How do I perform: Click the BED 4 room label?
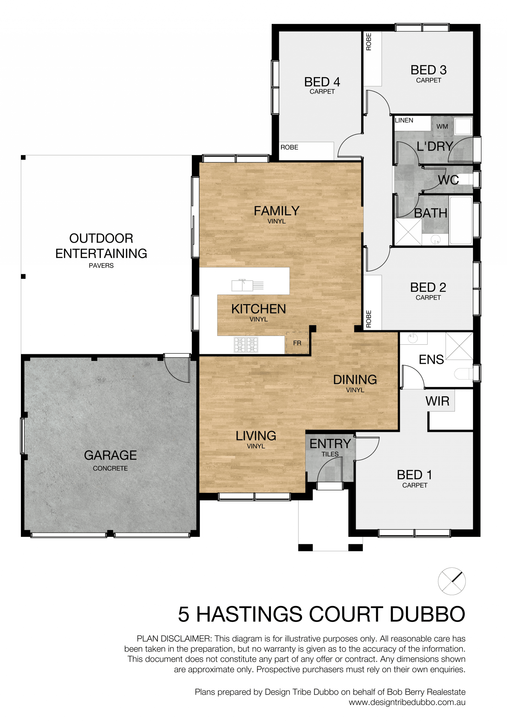click(x=322, y=82)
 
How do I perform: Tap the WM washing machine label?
click(x=442, y=127)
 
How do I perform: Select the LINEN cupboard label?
click(x=404, y=120)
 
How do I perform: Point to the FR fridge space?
click(x=297, y=343)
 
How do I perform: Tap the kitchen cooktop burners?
click(x=246, y=345)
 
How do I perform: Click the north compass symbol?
click(x=452, y=581)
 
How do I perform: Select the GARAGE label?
click(x=110, y=455)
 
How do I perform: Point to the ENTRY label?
click(x=330, y=444)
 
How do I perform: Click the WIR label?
click(x=437, y=401)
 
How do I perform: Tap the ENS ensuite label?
click(x=431, y=359)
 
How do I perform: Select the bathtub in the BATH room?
click(x=461, y=220)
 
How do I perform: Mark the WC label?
click(x=448, y=180)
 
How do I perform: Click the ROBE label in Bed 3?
click(x=369, y=42)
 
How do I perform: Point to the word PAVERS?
click(x=101, y=266)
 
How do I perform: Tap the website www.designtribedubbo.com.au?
click(x=407, y=702)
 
